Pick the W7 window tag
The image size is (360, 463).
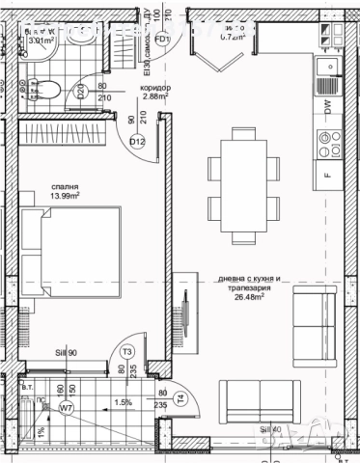pos(67,407)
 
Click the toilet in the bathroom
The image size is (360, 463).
pos(55,90)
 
